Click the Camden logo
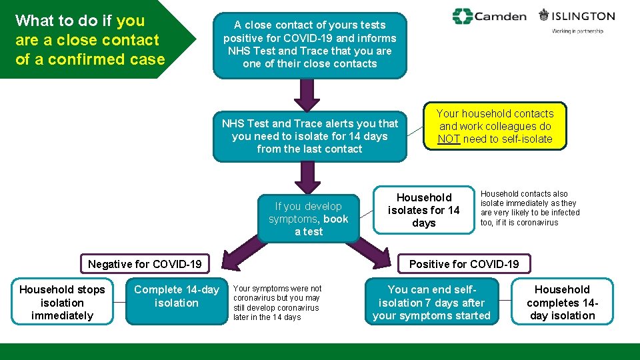pyautogui.click(x=489, y=16)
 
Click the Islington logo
pyautogui.click(x=577, y=16)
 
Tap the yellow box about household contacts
pyautogui.click(x=495, y=126)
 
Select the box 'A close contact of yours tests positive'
pyautogui.click(x=309, y=45)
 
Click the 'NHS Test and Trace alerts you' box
pyautogui.click(x=309, y=136)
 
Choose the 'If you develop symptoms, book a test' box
pyautogui.click(x=308, y=219)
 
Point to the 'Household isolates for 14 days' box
pyautogui.click(x=424, y=210)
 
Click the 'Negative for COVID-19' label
pyautogui.click(x=145, y=264)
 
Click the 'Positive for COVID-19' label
pyautogui.click(x=463, y=264)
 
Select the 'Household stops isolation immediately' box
pyautogui.click(x=62, y=302)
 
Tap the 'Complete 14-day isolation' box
pyautogui.click(x=176, y=296)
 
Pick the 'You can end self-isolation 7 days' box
pyautogui.click(x=431, y=302)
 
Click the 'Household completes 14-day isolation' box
pyautogui.click(x=562, y=302)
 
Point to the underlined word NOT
pyautogui.click(x=448, y=139)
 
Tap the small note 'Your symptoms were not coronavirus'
pyautogui.click(x=277, y=303)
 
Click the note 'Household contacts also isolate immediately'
pyautogui.click(x=530, y=208)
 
